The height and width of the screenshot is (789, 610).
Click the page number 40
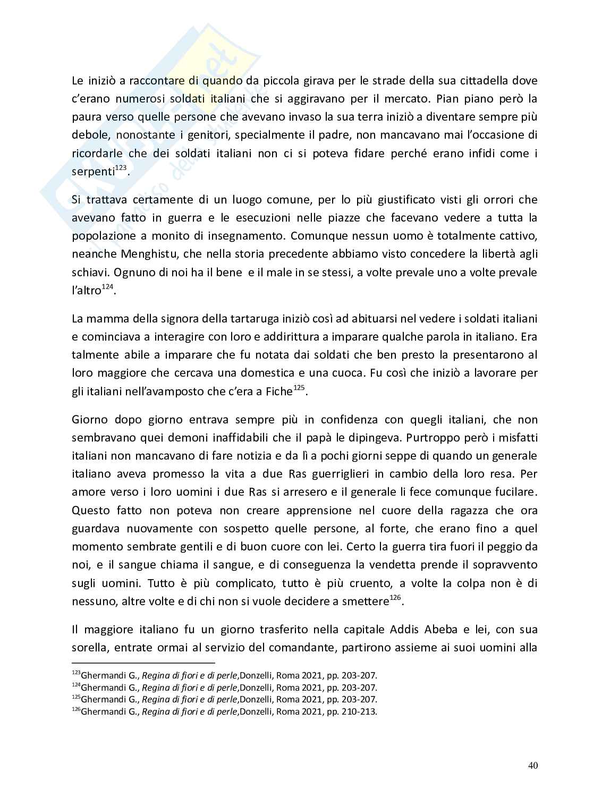coord(533,766)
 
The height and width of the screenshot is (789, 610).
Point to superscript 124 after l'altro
coord(108,287)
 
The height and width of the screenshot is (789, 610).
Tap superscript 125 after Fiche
coord(299,388)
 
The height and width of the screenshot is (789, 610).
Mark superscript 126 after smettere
coord(395,598)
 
